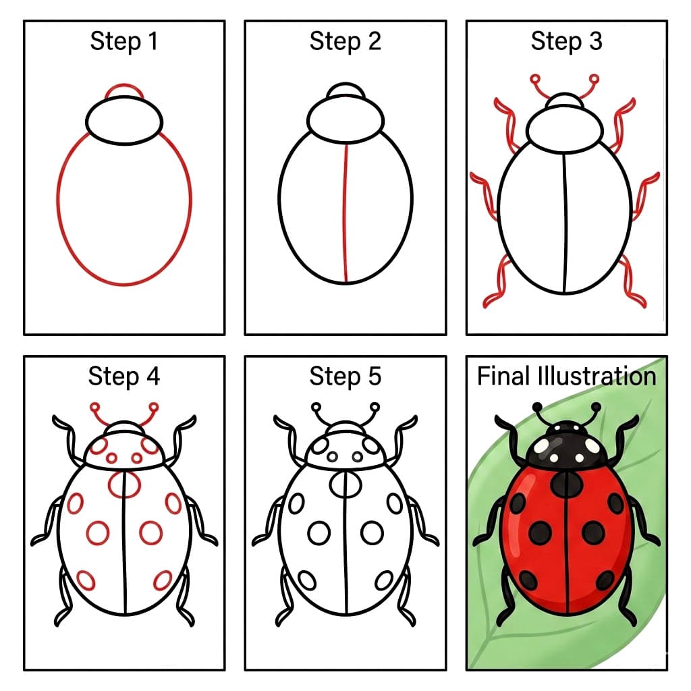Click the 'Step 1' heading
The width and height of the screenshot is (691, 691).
pos(124,42)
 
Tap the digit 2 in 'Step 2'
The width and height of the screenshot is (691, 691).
pos(373,42)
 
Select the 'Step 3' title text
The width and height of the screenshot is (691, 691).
pos(566,42)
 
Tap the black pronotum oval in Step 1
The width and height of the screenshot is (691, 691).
pos(124,120)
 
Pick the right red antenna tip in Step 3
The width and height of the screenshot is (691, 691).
pos(595,79)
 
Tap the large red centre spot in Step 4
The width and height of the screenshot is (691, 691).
pos(124,483)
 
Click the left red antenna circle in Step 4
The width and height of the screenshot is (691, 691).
pos(95,407)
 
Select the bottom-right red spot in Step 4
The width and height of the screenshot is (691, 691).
pos(163,579)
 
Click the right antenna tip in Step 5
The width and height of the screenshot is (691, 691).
pos(375,407)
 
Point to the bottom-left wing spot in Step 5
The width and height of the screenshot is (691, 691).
pos(307,580)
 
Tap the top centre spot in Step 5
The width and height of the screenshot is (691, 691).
pos(345,483)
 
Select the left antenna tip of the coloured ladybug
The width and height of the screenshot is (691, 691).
pos(538,407)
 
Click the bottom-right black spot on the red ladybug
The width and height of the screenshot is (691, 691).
pos(606,579)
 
